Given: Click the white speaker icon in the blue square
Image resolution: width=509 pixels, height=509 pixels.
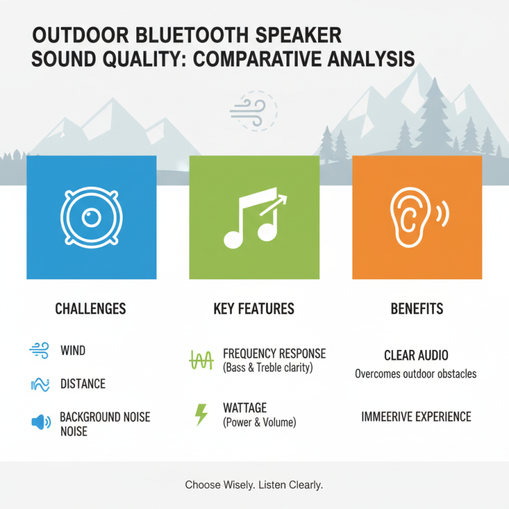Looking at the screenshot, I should [x=91, y=218].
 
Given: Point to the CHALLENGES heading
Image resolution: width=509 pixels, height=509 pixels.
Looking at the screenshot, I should [x=90, y=309].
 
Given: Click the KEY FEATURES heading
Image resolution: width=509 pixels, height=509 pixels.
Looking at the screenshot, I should [x=254, y=309].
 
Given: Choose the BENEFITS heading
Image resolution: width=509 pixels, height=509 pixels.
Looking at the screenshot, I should [x=417, y=309].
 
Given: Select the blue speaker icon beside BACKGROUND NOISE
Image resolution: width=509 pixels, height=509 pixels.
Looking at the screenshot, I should [x=39, y=422].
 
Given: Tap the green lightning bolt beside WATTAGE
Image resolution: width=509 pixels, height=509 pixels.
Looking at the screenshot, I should [x=201, y=414].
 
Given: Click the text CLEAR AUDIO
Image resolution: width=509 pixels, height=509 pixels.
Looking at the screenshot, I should [x=415, y=356].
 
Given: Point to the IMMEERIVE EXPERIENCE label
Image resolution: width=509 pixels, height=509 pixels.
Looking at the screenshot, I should [x=416, y=417].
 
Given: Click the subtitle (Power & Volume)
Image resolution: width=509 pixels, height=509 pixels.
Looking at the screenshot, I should [x=260, y=422].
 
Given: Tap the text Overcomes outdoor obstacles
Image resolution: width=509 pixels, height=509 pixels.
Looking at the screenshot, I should [x=415, y=374].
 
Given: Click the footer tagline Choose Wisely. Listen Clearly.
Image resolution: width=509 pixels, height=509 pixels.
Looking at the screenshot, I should [x=254, y=485].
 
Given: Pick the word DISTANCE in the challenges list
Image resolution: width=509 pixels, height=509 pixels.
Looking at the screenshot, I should [x=83, y=384].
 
